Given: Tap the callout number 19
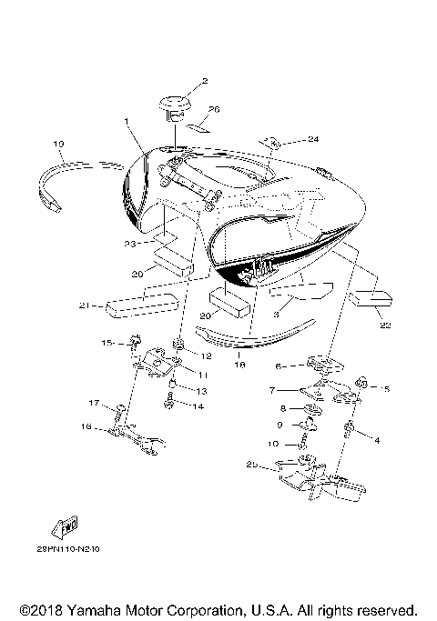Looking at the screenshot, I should [x=57, y=144].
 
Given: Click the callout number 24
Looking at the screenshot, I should [x=288, y=139].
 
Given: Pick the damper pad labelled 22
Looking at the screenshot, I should [x=372, y=298].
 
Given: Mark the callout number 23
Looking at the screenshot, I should [x=131, y=243].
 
